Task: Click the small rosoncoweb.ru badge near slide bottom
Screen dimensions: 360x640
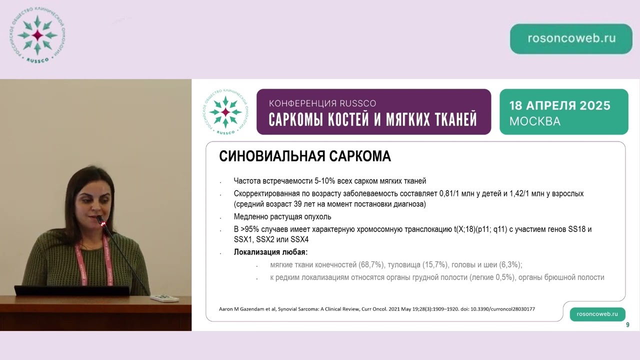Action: tap(597, 314)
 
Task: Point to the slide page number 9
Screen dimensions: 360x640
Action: tap(627, 325)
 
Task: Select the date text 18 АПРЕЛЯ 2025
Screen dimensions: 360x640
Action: tap(559, 105)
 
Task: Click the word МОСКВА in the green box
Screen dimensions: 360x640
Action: tap(534, 121)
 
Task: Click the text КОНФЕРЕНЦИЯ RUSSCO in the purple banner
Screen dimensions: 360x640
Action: tap(322, 103)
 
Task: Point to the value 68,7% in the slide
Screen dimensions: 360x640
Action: tap(383, 265)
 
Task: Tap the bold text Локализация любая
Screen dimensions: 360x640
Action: tap(270, 252)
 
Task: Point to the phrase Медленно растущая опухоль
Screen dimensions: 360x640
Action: tap(282, 217)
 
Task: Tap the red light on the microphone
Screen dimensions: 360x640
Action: tap(103, 224)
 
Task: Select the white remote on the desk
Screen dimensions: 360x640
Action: tap(164, 298)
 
